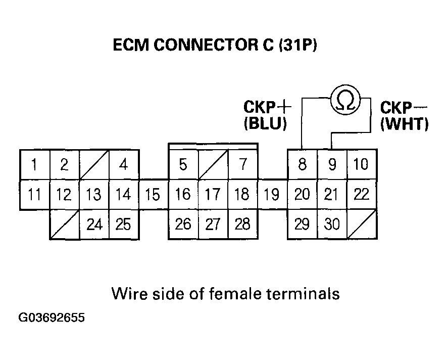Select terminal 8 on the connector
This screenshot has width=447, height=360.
point(302,165)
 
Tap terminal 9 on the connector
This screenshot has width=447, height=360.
point(332,165)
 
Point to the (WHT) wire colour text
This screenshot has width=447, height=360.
point(404,124)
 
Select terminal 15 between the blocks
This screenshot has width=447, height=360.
point(153,195)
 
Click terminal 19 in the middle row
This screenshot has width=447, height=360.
point(272,195)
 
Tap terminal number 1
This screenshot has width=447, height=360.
point(34,165)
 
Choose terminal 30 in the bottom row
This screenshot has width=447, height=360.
point(332,224)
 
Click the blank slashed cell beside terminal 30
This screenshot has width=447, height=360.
point(362,224)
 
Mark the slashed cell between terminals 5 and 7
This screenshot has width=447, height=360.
point(213,165)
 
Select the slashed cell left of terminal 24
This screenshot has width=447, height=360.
point(64,224)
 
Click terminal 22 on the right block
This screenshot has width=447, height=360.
point(362,195)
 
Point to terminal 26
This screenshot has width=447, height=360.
point(183,224)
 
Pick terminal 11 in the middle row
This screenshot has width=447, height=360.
point(34,195)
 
